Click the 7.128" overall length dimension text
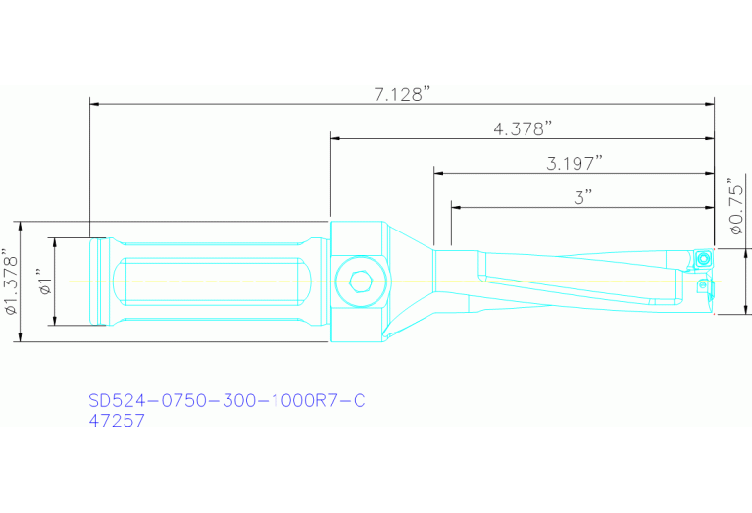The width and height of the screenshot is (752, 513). click(x=403, y=94)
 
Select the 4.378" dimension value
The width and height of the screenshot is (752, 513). click(x=523, y=128)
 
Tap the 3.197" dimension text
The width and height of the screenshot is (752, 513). click(x=574, y=163)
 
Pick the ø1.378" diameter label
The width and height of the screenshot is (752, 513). click(x=12, y=282)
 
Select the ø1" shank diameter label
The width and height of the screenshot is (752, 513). click(x=44, y=282)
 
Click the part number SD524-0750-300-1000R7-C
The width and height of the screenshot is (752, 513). click(x=227, y=401)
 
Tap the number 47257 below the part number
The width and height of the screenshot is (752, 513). click(x=117, y=421)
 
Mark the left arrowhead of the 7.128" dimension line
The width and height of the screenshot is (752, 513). click(x=95, y=103)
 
